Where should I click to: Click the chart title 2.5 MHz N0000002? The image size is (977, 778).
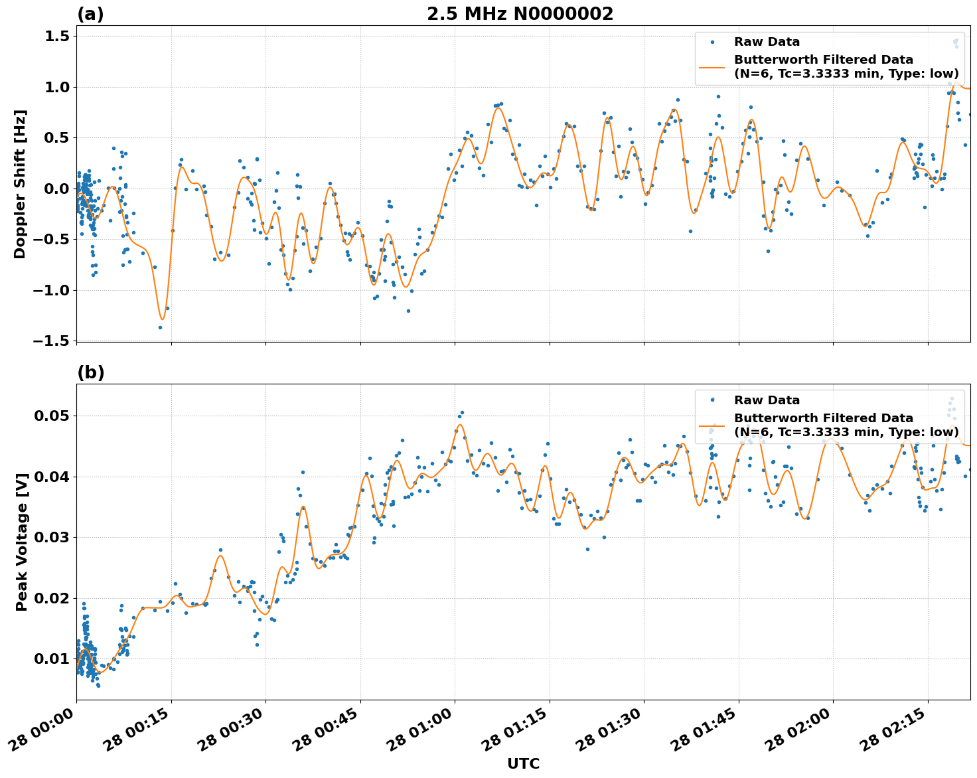point(520,14)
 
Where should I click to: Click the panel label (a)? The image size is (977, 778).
point(90,14)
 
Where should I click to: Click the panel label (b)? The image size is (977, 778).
point(90,372)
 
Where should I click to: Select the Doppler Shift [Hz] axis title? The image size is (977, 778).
point(21,184)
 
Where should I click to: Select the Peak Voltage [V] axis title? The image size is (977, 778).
point(22,542)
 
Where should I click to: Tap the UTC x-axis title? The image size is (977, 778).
point(523,763)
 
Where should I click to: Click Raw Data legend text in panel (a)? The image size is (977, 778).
point(767,42)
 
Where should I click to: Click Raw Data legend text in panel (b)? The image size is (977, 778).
point(767,400)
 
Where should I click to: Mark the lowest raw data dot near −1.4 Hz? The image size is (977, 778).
point(160,327)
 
